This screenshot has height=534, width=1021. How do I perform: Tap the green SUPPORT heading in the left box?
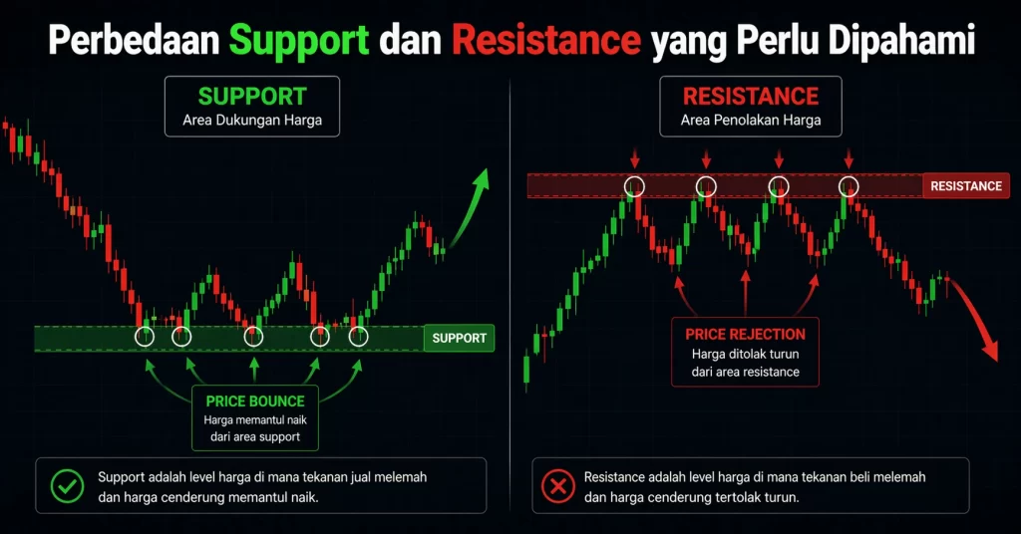[252, 97]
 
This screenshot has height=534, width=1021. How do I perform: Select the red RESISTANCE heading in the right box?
[750, 97]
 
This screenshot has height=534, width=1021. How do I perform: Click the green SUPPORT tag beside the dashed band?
[459, 338]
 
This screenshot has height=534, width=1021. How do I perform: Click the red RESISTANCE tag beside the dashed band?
[965, 185]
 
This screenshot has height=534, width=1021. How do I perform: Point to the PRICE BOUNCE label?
[254, 400]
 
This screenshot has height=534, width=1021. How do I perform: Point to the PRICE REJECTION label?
[745, 334]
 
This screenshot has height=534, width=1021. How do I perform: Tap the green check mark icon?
[68, 486]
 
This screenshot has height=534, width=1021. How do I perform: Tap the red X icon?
[555, 486]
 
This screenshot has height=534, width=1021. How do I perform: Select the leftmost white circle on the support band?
[145, 336]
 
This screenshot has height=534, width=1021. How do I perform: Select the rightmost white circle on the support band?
[359, 336]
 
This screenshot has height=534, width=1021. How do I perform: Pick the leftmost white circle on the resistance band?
[634, 185]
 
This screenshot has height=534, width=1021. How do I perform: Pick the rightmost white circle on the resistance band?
[849, 185]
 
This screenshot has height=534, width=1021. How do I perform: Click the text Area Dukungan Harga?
[252, 123]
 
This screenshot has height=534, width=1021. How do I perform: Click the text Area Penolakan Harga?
[750, 122]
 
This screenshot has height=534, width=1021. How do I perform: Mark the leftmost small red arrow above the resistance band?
[634, 159]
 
